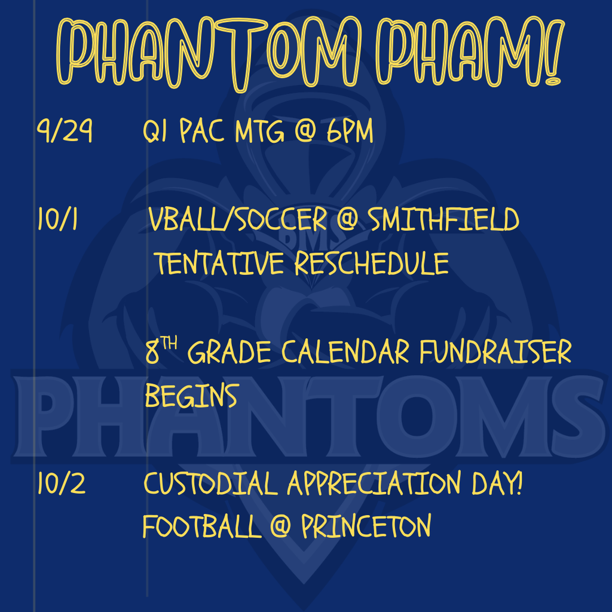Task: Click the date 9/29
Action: [x=65, y=130]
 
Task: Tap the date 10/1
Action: [x=57, y=219]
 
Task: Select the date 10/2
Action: [x=62, y=483]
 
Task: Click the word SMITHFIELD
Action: [x=443, y=219]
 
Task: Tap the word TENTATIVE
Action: [x=219, y=263]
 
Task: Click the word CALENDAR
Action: [x=345, y=351]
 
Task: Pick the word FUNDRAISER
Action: [x=495, y=351]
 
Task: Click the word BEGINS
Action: [x=191, y=396]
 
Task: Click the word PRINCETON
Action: [x=366, y=526]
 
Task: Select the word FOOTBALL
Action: [x=202, y=526]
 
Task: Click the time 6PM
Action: [x=350, y=130]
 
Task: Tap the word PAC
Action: [x=202, y=130]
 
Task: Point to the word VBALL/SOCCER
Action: [x=238, y=219]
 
